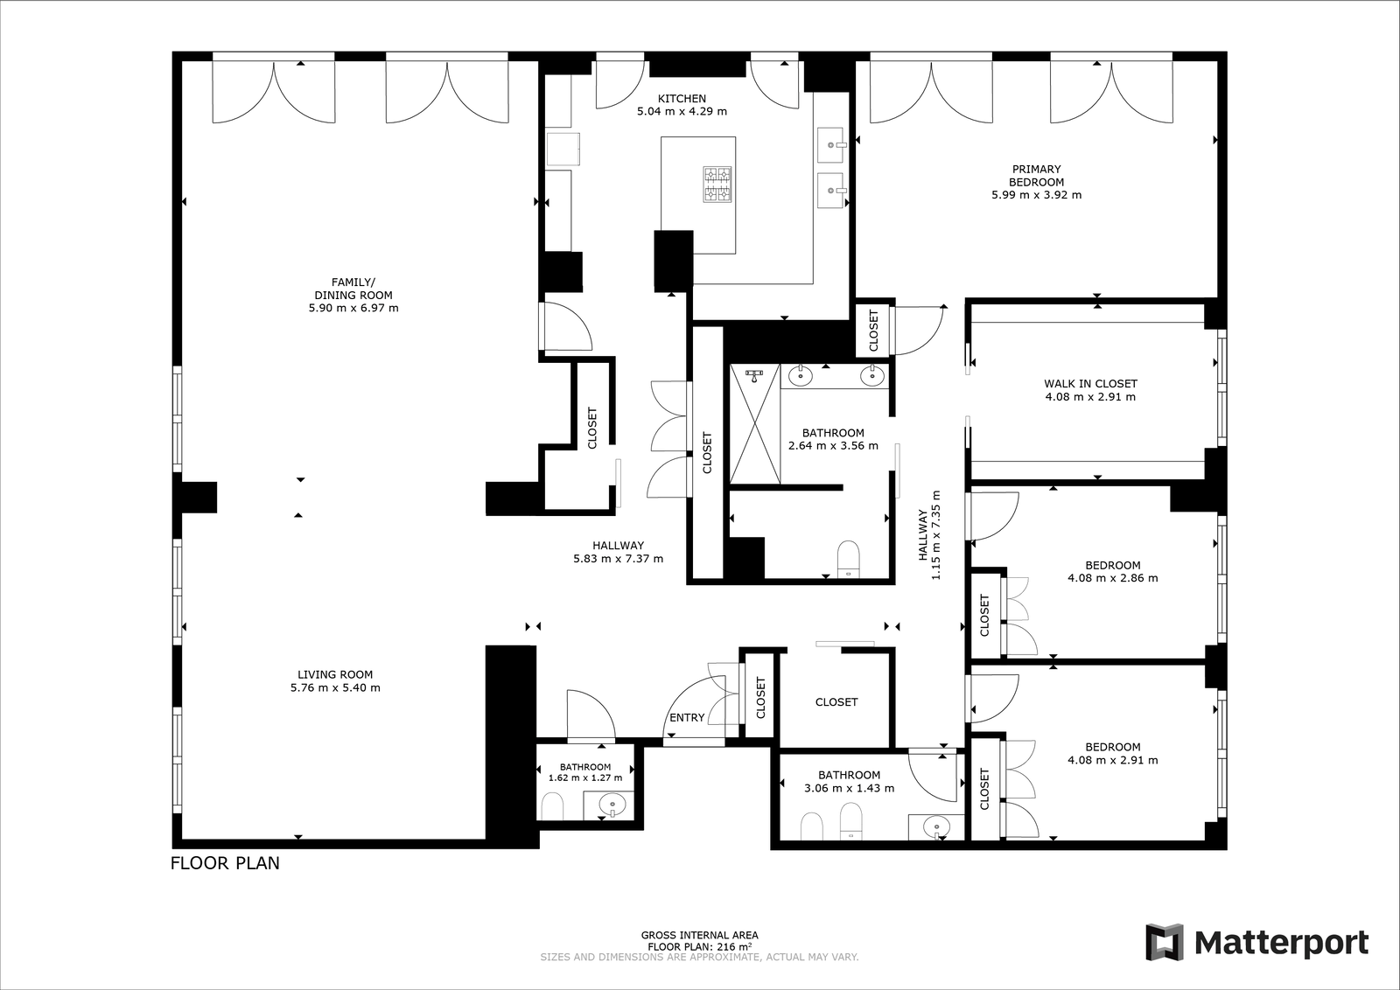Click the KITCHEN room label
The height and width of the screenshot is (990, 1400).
click(x=682, y=99)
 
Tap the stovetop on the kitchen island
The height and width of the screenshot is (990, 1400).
click(x=717, y=184)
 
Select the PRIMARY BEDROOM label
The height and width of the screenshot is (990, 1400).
click(x=1036, y=176)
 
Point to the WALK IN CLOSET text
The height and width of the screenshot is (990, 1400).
click(x=1090, y=384)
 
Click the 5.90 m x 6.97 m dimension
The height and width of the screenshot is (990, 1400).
click(x=353, y=308)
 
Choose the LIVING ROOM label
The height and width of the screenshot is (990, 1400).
click(x=335, y=674)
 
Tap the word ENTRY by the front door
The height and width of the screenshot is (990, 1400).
click(x=687, y=718)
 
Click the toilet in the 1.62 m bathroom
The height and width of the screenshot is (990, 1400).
click(x=552, y=806)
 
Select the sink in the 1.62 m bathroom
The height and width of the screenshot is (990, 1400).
click(x=612, y=805)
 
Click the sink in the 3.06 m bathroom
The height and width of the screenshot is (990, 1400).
click(x=936, y=827)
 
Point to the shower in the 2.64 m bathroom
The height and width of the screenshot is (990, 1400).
click(x=755, y=424)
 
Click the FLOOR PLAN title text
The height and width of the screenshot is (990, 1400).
click(x=225, y=863)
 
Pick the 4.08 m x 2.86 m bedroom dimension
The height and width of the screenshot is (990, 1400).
click(x=1112, y=578)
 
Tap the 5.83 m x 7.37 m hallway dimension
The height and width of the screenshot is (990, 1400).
click(x=618, y=559)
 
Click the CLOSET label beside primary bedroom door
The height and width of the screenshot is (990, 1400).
click(x=874, y=331)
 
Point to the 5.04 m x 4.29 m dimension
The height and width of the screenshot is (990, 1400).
click(x=682, y=112)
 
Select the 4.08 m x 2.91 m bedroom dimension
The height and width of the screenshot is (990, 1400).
click(x=1112, y=760)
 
